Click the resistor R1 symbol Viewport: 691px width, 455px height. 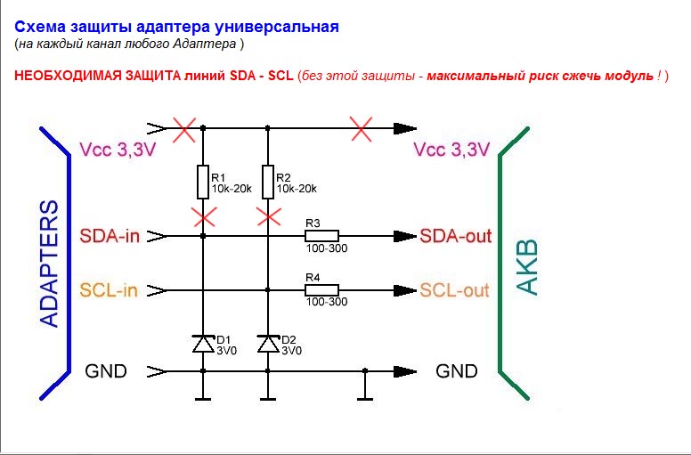point(203,183)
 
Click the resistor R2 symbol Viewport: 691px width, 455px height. point(267,183)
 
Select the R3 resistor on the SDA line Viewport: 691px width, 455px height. point(321,236)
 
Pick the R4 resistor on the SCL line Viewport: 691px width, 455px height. point(321,289)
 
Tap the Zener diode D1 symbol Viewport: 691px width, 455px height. point(203,343)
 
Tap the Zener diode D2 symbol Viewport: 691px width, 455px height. point(267,343)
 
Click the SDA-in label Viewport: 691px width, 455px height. point(109,237)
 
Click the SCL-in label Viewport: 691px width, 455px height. point(109,290)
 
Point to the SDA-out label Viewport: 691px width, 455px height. point(454,237)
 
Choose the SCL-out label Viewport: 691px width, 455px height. point(454,290)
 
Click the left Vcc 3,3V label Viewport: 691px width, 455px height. point(118,150)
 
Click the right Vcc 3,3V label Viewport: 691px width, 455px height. point(451,150)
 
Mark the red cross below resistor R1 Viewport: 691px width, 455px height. point(203,215)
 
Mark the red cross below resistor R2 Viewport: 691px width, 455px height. point(267,215)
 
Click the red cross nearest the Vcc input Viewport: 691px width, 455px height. point(183,129)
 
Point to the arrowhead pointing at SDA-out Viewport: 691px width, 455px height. point(407,237)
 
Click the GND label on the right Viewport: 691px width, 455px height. point(456,371)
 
